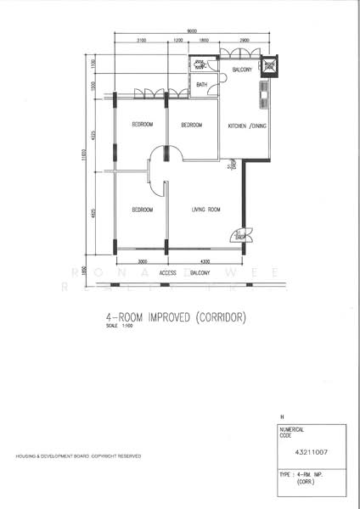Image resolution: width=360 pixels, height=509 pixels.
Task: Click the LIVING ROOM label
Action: click(205, 209)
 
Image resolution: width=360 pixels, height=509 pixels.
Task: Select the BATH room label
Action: click(202, 85)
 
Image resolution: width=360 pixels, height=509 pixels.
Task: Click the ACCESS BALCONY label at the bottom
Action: click(185, 273)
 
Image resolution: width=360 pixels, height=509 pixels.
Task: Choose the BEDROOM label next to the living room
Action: click(142, 209)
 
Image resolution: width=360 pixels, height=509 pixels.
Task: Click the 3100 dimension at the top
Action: click(141, 41)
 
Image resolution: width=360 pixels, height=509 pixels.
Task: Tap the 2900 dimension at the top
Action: click(245, 41)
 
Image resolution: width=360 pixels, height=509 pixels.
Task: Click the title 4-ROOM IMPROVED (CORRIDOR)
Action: click(176, 318)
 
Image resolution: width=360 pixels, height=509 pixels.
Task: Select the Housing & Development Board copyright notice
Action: click(78, 456)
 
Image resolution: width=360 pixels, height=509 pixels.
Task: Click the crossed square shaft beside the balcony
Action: click(269, 66)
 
